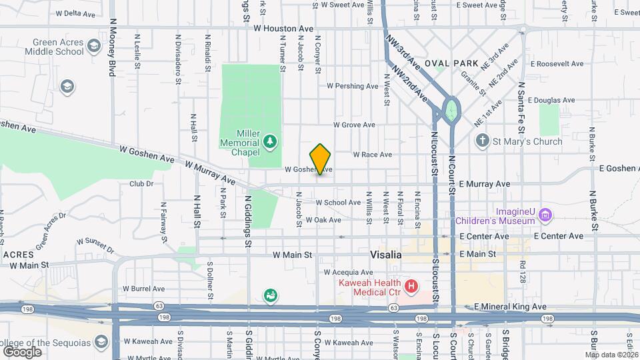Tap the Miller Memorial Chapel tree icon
pos(270,141)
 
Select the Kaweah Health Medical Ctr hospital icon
pos(411,287)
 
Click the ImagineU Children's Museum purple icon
pos(546,214)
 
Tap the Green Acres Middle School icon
pos(93,46)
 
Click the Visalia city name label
pos(386,255)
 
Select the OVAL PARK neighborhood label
pos(456,63)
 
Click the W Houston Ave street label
pos(283,29)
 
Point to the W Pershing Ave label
pos(353,86)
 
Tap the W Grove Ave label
pos(354,125)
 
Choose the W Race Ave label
pos(372,155)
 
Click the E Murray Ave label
pos(484,184)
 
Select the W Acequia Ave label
pos(349,273)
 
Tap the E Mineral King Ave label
pos(510,307)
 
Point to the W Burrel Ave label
pos(143,289)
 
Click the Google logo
pos(22,351)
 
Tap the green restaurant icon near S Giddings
pos(270,295)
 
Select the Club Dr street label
pos(141,183)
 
